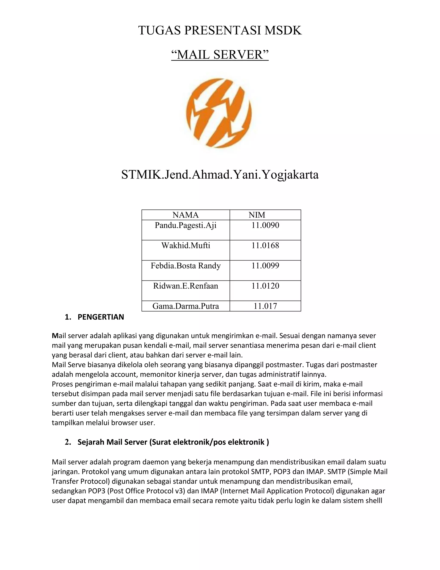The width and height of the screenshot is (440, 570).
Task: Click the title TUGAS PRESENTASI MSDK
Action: (220, 31)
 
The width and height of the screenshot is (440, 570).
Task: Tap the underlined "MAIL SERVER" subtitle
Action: (220, 55)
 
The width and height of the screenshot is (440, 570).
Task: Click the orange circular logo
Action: (220, 114)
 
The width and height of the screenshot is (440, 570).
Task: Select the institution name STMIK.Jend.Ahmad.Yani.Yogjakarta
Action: (220, 175)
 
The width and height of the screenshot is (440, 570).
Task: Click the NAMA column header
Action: (186, 215)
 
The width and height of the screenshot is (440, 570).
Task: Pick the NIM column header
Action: (257, 215)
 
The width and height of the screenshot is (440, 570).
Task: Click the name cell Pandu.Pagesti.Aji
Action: (186, 225)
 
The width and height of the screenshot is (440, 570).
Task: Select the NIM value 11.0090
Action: (265, 225)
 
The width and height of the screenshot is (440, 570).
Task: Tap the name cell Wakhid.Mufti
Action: (186, 246)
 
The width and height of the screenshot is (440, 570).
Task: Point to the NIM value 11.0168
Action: (265, 246)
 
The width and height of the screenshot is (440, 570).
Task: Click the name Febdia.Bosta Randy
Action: (186, 266)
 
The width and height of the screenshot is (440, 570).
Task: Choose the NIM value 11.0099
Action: (265, 266)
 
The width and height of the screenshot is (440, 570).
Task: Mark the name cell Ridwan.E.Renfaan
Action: (186, 286)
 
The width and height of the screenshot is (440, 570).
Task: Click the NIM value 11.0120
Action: (265, 286)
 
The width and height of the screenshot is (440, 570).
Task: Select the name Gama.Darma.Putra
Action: (186, 306)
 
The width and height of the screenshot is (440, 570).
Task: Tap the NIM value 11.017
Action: (265, 306)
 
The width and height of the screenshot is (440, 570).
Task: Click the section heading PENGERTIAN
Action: (101, 317)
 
